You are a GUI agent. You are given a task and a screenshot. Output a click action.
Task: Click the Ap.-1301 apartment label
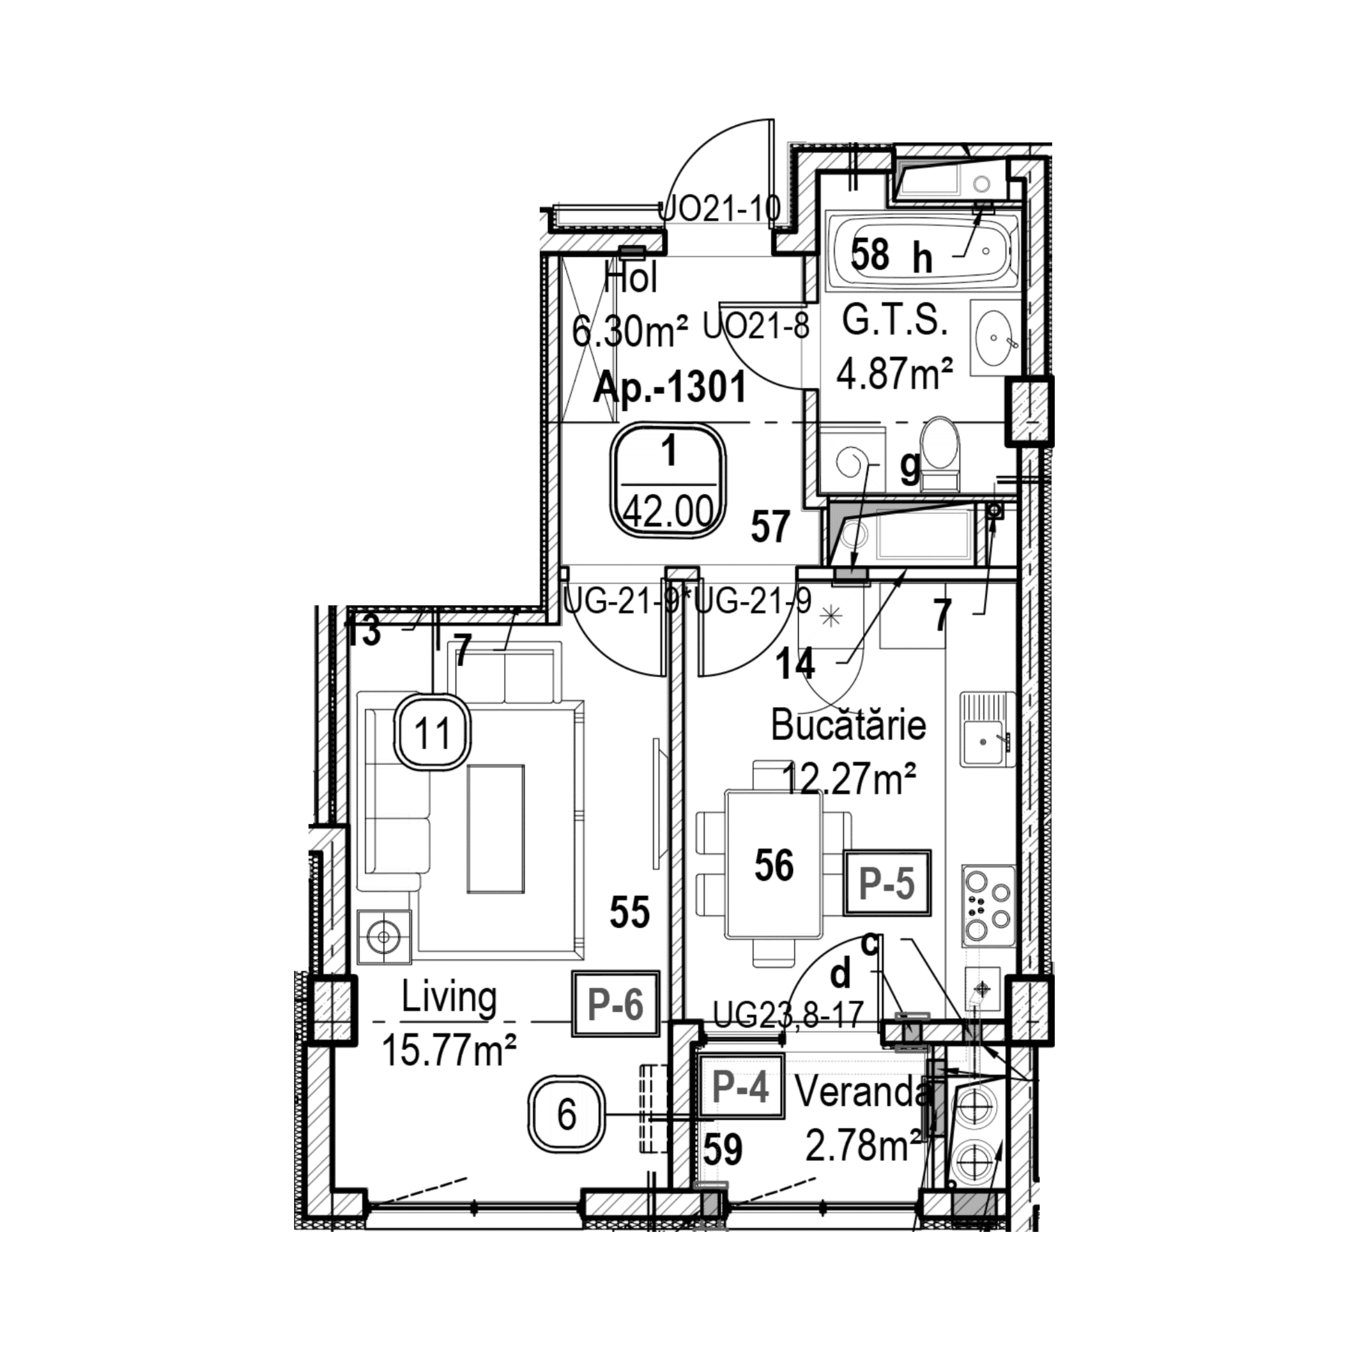tap(670, 387)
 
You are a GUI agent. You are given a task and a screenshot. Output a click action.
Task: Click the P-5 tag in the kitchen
tap(886, 883)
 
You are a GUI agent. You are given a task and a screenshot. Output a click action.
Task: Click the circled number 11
tap(432, 733)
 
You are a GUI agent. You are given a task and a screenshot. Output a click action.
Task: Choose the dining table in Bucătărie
tap(774, 864)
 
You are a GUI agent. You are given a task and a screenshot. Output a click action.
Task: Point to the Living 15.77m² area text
tap(449, 1024)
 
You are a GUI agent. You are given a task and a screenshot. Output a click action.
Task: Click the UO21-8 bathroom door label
tap(756, 326)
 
